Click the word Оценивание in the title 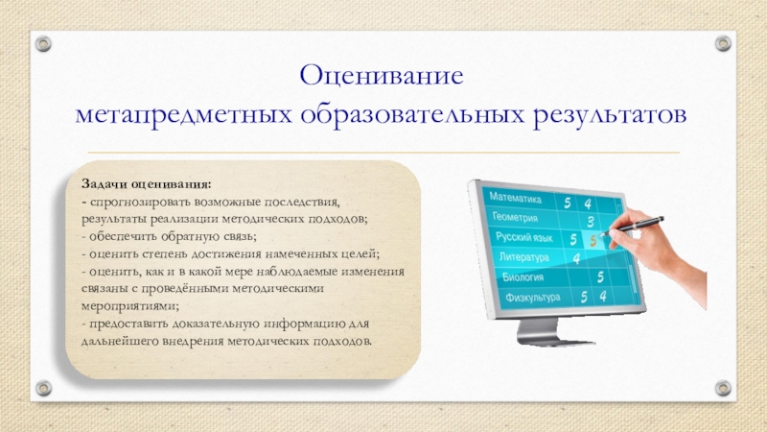click(381, 76)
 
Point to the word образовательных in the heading click(412, 115)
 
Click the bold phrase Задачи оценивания click(147, 184)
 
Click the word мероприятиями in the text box click(129, 306)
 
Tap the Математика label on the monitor click(515, 198)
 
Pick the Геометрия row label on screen click(515, 217)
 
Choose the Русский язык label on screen click(523, 237)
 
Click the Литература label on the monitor click(523, 257)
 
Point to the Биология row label click(523, 277)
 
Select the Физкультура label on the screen click(533, 298)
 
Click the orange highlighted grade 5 click(593, 241)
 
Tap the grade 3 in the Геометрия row click(591, 222)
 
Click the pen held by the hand click(633, 225)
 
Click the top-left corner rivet click(43, 43)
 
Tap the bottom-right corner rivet click(723, 388)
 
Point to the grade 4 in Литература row click(577, 257)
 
